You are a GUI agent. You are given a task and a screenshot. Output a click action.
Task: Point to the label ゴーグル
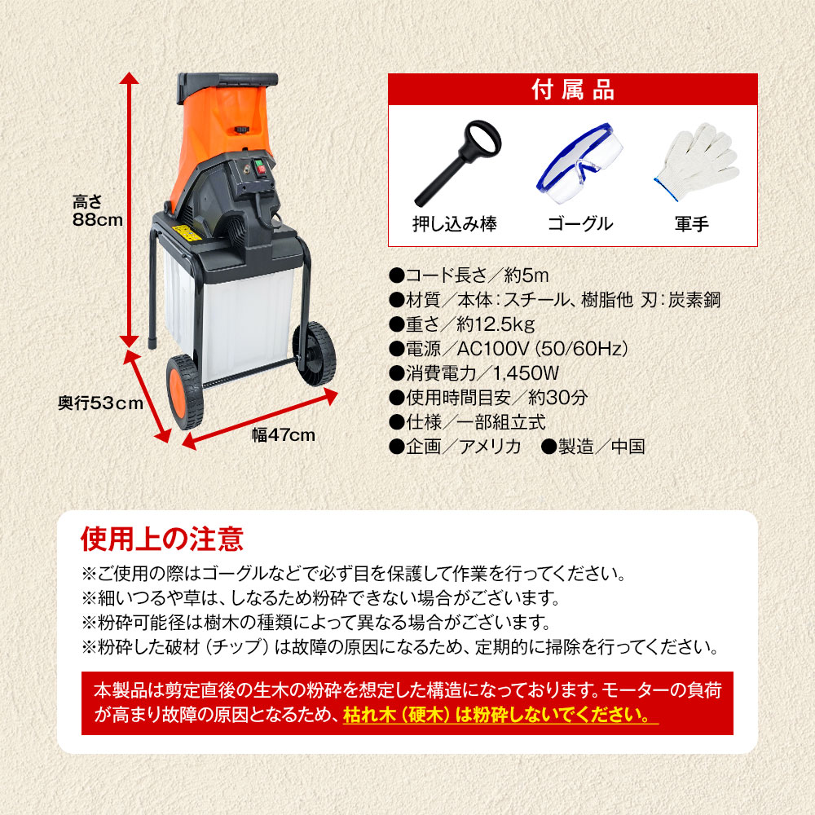[x=579, y=222]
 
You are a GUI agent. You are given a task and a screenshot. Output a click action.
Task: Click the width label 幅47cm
[x=283, y=434]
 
